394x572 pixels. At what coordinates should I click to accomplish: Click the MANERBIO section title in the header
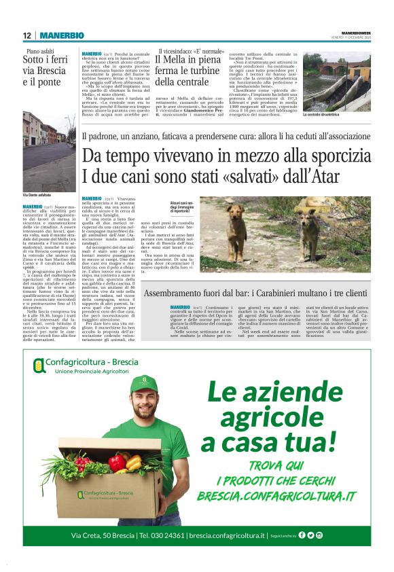[x=61, y=35]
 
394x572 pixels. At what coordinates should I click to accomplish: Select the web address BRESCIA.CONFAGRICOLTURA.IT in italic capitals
[x=276, y=496]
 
